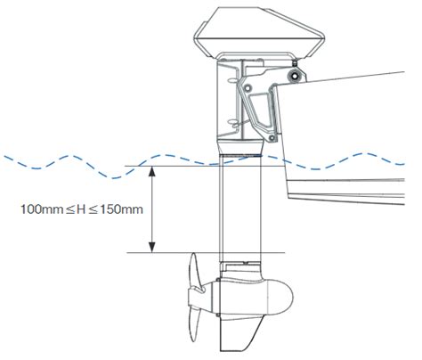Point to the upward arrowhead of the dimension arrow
coord(154,172)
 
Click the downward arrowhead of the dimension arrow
coord(154,248)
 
